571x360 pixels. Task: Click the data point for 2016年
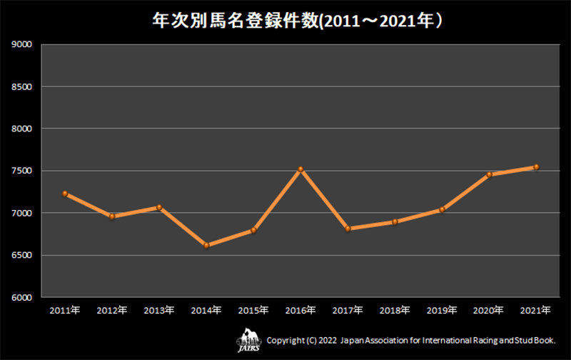(x=300, y=169)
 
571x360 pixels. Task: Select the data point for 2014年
(x=206, y=245)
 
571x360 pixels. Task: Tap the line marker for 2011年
(x=65, y=194)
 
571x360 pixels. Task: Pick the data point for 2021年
(x=536, y=167)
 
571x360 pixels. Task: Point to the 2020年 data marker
(x=489, y=174)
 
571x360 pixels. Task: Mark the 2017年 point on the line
(x=348, y=229)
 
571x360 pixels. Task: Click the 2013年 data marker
(x=159, y=207)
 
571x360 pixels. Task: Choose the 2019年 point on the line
(x=442, y=209)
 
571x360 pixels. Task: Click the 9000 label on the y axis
(x=23, y=44)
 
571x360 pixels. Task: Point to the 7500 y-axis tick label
(x=23, y=171)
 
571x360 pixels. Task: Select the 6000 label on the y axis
(x=23, y=297)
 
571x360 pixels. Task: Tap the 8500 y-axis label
(x=23, y=86)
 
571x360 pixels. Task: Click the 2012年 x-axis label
(x=112, y=311)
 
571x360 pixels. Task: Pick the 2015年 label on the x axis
(x=253, y=311)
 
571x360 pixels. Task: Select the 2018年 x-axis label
(x=395, y=311)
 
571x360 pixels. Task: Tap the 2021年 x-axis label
(x=536, y=311)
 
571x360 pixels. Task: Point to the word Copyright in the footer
(x=285, y=341)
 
